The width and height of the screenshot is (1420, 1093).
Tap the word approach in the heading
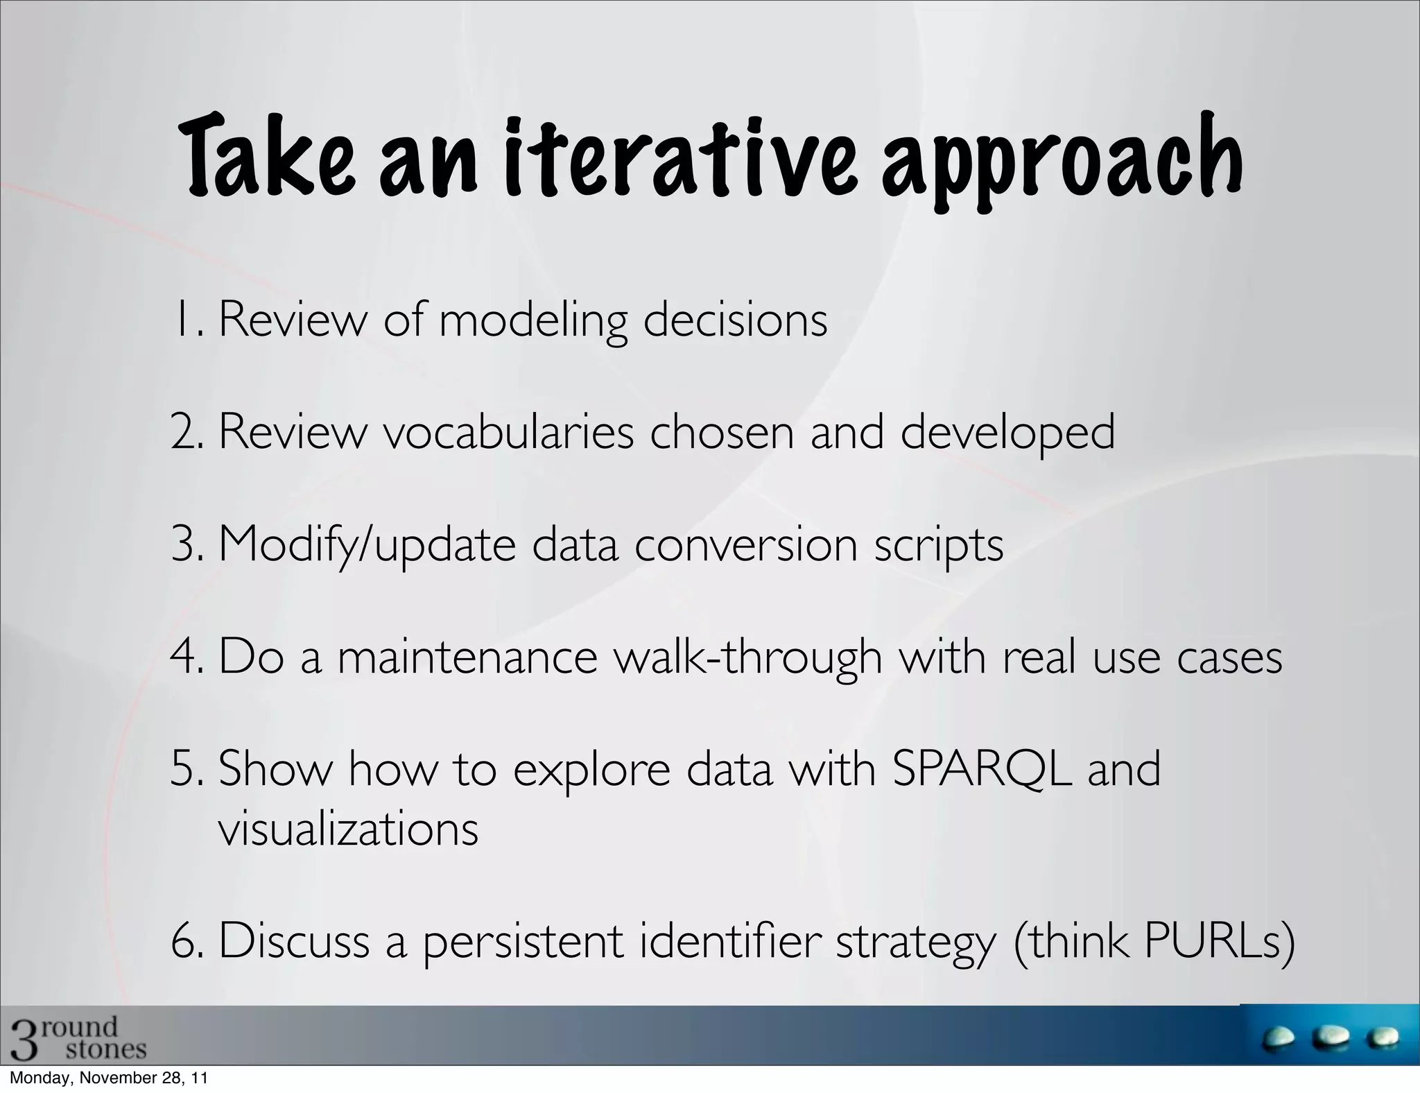click(x=1062, y=166)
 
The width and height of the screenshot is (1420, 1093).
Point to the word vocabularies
click(x=510, y=431)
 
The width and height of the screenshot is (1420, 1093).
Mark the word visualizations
click(x=348, y=828)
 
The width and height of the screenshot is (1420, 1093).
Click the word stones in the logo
click(x=105, y=1049)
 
